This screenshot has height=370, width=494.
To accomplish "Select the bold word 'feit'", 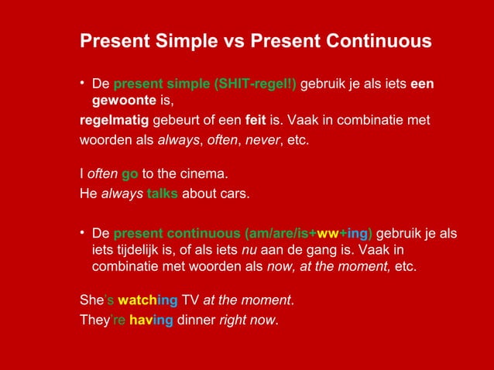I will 256,122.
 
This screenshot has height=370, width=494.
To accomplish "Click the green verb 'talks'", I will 163,193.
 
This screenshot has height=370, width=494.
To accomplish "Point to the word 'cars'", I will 233,193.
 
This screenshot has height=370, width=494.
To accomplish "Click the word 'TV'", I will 190,300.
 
